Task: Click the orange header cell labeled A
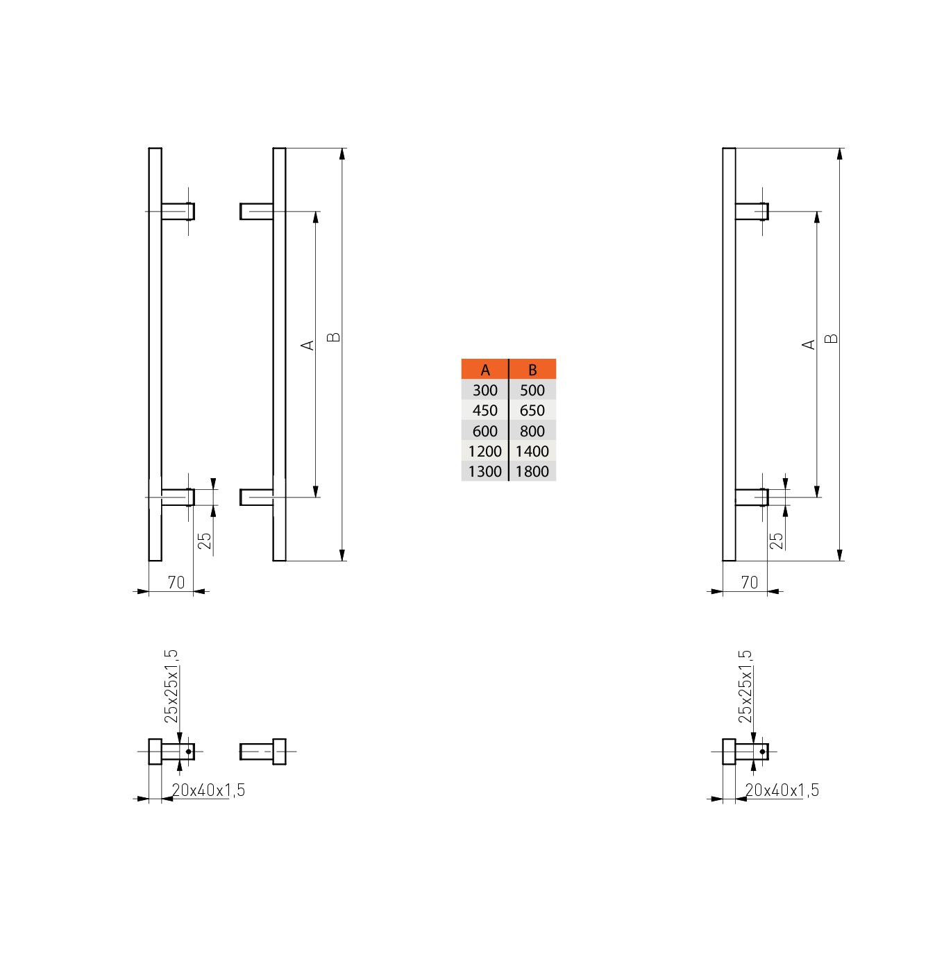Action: pyautogui.click(x=484, y=368)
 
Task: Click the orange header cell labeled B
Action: pyautogui.click(x=532, y=368)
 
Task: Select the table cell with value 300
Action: pyautogui.click(x=484, y=390)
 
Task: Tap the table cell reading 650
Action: pyautogui.click(x=532, y=410)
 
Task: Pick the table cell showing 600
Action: pyautogui.click(x=484, y=430)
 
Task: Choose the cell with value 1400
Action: pyautogui.click(x=532, y=451)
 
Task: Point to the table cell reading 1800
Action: pyautogui.click(x=532, y=470)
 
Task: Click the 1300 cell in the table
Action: pyautogui.click(x=484, y=470)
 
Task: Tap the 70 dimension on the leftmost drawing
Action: pyautogui.click(x=176, y=582)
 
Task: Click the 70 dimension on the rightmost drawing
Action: pyautogui.click(x=750, y=582)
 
